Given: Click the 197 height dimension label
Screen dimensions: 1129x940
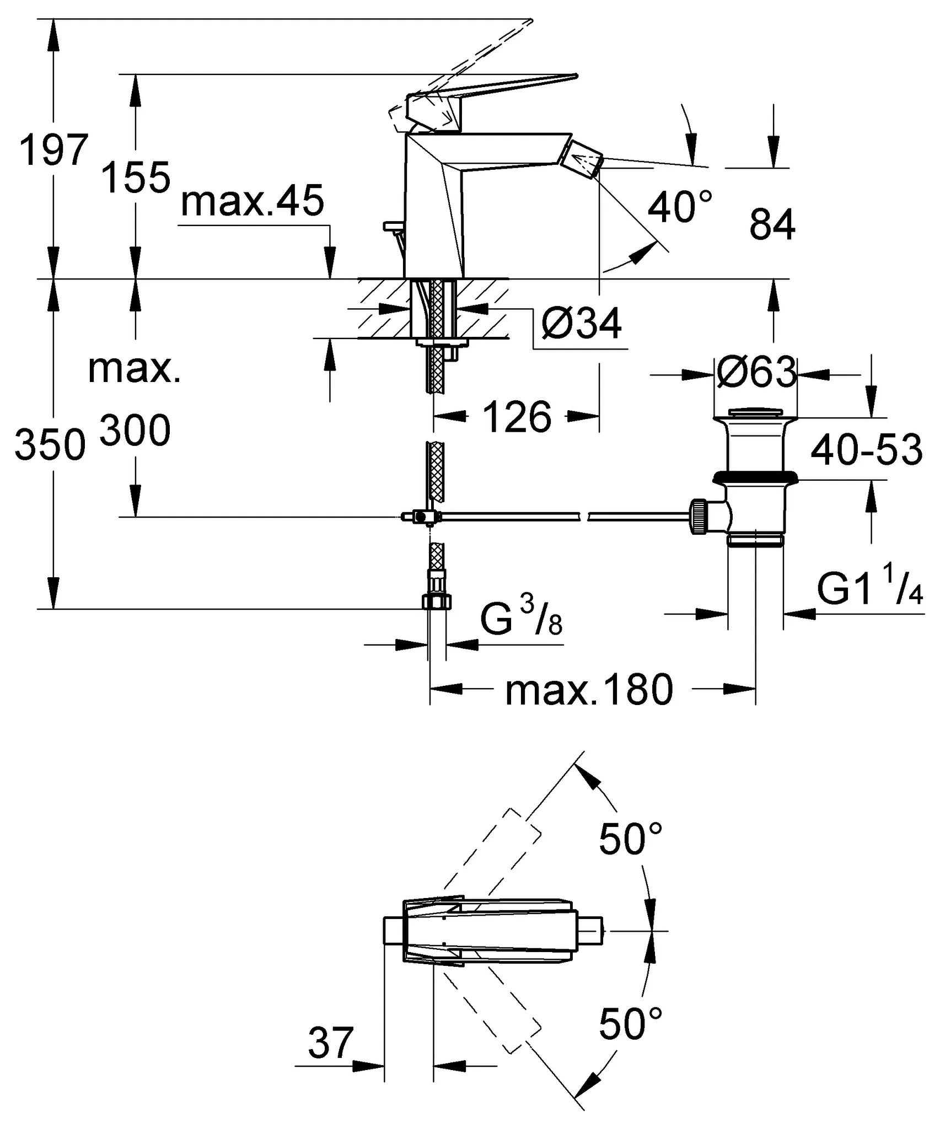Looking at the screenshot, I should pos(53,149).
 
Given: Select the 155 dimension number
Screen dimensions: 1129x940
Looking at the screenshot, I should pos(136,178).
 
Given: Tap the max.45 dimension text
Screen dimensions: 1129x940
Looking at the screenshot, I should pos(252,201).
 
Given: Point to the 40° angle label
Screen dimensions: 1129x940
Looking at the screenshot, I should pos(679,207).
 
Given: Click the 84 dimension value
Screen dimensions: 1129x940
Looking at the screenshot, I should pos(772,225).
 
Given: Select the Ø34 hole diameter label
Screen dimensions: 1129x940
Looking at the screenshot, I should pos(581,324).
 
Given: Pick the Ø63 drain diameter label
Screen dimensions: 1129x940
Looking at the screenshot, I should pos(756,372).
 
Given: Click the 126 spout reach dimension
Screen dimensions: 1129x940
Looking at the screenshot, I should pos(517,417).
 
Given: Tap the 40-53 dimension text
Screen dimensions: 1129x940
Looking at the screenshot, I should pos(866,449).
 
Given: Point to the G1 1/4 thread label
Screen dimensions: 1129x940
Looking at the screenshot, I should pos(869,589).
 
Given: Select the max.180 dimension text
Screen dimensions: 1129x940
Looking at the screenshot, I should pos(589,690).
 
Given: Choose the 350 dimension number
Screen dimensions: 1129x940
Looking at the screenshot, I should pos(50,445).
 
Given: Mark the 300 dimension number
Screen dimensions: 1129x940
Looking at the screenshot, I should pos(135,431).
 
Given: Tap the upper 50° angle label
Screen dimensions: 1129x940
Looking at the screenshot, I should pos(630,839).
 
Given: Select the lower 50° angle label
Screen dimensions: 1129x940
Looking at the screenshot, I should pos(630,1023).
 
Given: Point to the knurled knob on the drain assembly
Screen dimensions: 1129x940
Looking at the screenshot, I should pos(698,517).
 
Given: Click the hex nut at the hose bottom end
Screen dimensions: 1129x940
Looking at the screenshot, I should pos(437,601).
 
